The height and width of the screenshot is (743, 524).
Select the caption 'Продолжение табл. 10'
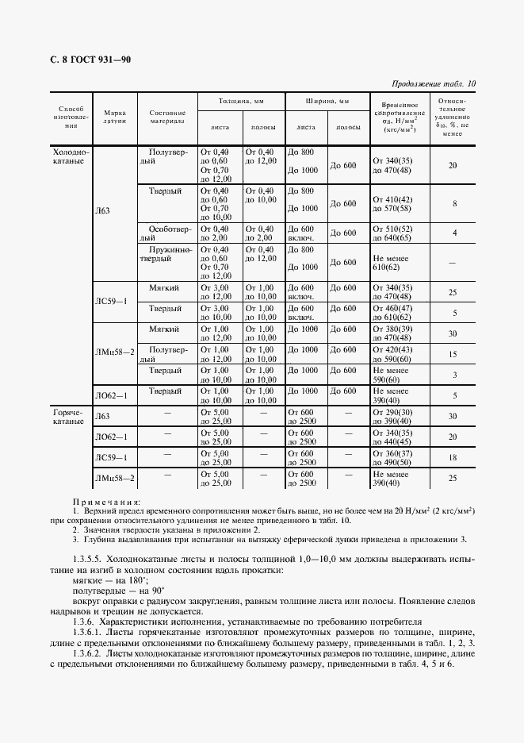coord(434,83)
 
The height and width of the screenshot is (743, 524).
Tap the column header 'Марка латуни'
coord(115,118)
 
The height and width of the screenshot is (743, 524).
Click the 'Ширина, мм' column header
coord(327,102)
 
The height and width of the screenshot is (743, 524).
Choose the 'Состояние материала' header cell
coord(167,118)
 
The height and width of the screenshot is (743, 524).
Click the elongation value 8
coord(454,204)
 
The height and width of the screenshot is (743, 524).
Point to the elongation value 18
coord(453,458)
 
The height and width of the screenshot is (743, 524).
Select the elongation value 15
coord(453,354)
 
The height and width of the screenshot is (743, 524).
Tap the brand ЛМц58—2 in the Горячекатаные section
coord(115,478)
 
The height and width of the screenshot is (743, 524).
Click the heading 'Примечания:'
coord(106,502)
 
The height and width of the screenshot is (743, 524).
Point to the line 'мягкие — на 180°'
coord(103,582)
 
